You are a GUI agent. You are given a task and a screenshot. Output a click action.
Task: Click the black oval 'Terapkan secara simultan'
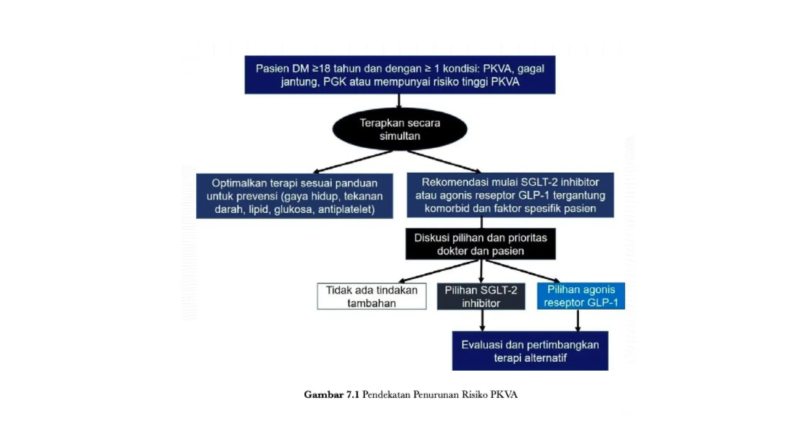click(400, 129)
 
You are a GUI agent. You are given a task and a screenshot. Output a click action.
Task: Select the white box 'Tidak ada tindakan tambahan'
click(372, 296)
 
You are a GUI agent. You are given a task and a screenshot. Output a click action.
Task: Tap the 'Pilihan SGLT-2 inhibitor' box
click(481, 296)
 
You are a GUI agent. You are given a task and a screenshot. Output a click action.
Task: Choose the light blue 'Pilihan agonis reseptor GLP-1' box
click(581, 296)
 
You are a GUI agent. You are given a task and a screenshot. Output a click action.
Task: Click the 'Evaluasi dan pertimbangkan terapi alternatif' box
click(530, 351)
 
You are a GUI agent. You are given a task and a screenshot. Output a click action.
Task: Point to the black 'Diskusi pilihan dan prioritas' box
click(480, 244)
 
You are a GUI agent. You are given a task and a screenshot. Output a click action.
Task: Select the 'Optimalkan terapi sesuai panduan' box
click(294, 196)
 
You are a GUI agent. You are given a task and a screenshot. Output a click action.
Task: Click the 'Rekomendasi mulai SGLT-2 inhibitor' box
click(510, 195)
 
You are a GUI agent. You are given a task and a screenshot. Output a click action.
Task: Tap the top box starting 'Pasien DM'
click(400, 75)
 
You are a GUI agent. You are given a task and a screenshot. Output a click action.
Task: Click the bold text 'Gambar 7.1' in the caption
click(331, 394)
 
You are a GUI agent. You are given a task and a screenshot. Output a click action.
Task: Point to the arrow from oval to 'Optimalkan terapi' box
click(353, 162)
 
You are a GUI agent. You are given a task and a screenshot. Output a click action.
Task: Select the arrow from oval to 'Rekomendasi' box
click(444, 161)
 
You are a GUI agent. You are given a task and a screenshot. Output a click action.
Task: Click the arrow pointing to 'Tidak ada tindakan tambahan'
click(438, 271)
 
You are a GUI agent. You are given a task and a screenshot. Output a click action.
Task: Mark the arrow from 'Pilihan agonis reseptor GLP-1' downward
click(578, 320)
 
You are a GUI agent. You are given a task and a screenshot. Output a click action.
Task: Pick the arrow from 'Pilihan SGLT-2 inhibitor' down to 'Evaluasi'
click(482, 320)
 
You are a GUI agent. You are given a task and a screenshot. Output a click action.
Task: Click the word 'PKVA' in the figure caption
click(504, 394)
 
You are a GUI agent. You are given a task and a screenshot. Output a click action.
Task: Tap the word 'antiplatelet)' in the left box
click(346, 209)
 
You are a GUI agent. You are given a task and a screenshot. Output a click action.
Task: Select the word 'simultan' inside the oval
click(400, 136)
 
